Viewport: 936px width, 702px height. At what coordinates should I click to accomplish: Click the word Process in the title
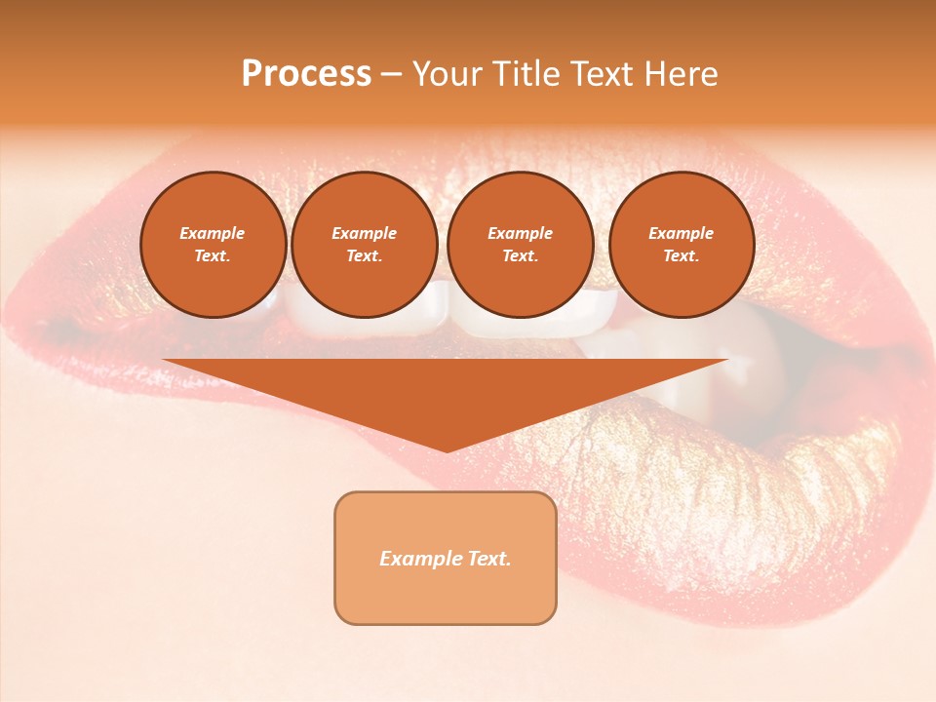[x=306, y=74]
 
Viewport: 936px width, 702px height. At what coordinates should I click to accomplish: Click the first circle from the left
[x=214, y=245]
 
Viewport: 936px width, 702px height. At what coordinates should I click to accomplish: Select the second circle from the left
[x=365, y=245]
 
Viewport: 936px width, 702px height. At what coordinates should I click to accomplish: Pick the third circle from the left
[x=521, y=245]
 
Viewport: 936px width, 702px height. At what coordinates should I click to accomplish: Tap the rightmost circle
[x=682, y=245]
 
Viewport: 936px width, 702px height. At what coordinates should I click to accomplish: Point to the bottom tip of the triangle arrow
[x=447, y=450]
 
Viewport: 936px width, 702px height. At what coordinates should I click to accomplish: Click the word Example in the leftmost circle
[x=213, y=233]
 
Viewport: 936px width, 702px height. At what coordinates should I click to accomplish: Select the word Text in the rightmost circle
[x=681, y=256]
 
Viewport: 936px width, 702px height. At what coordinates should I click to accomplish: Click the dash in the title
[x=392, y=74]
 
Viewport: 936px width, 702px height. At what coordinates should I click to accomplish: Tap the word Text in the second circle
[x=364, y=256]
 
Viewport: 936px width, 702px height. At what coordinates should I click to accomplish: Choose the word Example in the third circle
[x=520, y=233]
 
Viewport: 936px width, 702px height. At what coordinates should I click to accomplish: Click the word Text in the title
[x=599, y=74]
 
